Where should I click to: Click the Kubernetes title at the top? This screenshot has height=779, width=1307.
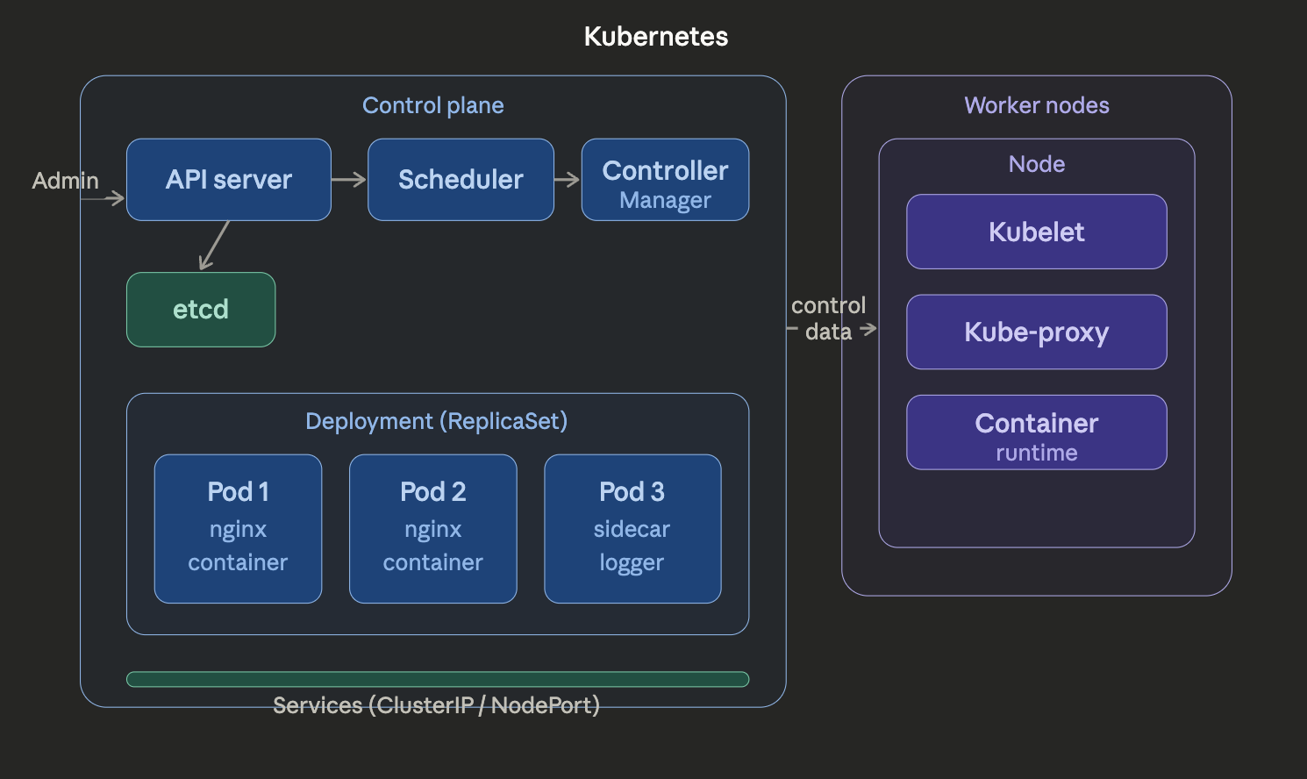pos(655,36)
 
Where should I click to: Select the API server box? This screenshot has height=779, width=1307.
pos(228,179)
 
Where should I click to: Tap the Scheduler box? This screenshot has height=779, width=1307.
pos(461,179)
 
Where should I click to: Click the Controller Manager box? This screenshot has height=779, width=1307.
pos(665,179)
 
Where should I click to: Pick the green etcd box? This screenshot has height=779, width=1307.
pos(201,309)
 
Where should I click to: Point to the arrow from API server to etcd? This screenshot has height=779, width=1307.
pos(215,245)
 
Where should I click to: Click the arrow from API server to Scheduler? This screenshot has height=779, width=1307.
pos(349,179)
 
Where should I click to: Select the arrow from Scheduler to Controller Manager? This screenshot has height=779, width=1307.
pos(568,179)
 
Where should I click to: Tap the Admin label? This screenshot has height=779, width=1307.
pos(65,181)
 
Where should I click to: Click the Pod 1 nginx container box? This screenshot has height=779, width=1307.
pos(238,528)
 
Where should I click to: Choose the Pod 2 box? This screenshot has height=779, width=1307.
pos(432,528)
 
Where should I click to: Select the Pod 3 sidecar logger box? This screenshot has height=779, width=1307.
pos(632,528)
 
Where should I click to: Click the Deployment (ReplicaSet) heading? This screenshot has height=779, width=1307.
pos(436,421)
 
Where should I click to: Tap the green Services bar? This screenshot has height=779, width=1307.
pos(437,679)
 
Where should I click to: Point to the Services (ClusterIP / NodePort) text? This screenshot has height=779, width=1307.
pos(436,705)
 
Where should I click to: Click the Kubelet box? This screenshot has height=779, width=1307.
pos(1036,232)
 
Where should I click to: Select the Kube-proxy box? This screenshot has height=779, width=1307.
pos(1036,332)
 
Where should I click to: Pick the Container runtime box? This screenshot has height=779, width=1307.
pos(1036,432)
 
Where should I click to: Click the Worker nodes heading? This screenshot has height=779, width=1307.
pos(1036,105)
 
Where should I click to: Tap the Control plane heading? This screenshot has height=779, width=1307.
pos(432,105)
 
